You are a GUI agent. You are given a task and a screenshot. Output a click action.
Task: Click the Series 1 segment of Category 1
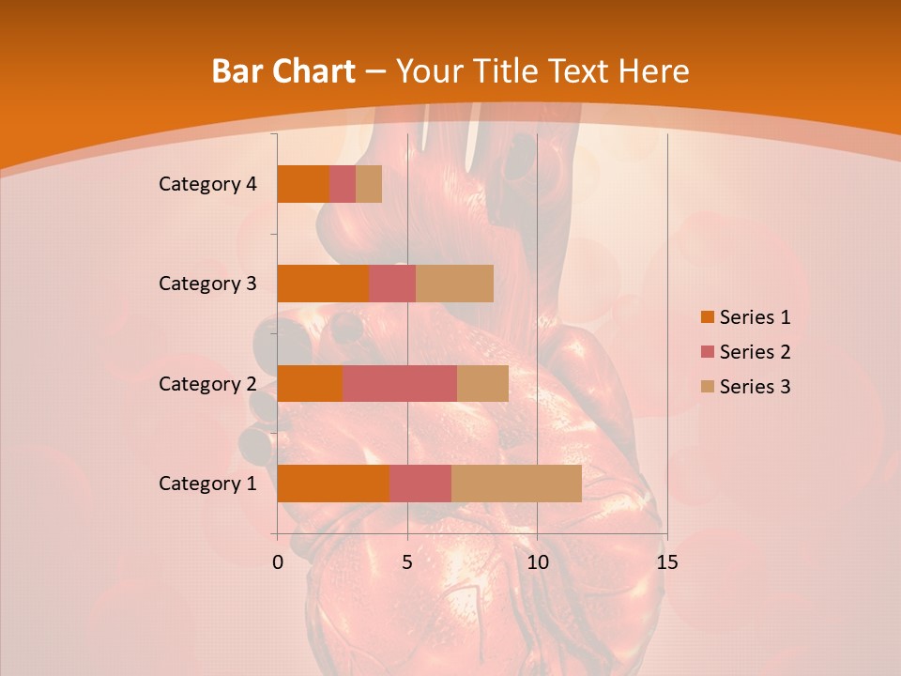(333, 484)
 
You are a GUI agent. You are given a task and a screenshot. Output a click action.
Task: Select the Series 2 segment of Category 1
(420, 484)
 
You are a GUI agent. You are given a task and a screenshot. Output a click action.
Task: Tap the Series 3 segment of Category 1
(516, 484)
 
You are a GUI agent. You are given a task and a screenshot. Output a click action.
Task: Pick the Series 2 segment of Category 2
(400, 383)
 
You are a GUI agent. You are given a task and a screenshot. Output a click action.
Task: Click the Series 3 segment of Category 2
(482, 383)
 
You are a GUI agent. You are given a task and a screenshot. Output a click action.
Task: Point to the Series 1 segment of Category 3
(323, 284)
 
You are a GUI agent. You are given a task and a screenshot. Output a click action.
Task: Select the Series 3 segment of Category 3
(454, 284)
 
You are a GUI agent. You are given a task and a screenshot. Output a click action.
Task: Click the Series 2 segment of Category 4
(343, 184)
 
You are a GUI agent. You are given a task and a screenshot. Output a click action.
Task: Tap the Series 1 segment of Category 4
(303, 184)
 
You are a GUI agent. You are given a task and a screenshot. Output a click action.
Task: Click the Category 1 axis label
(207, 484)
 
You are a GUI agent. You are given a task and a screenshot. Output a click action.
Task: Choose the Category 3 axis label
(207, 284)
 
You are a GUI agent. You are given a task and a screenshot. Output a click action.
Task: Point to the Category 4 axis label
(207, 184)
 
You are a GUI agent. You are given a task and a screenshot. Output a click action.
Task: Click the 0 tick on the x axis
(278, 562)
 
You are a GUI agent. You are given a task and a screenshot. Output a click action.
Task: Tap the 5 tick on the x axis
(407, 562)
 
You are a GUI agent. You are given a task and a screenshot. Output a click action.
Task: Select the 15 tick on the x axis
(667, 562)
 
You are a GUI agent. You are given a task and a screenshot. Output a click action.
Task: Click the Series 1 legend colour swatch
(707, 317)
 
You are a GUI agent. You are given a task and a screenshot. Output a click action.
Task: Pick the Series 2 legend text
(755, 352)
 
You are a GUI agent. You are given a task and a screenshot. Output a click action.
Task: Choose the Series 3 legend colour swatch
(707, 387)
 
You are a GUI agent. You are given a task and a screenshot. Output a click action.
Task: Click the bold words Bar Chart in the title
(283, 71)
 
